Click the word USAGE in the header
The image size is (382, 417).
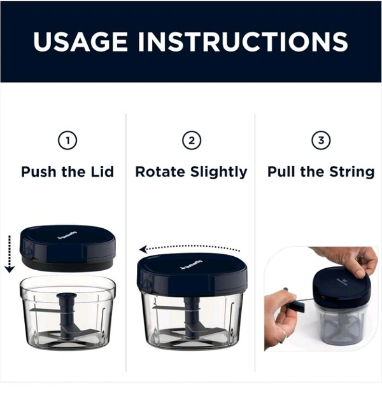tap(80, 41)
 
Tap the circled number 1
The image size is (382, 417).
tap(67, 140)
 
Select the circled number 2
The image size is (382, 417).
tap(192, 140)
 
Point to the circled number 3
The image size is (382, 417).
tap(321, 140)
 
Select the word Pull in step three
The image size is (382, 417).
tap(281, 172)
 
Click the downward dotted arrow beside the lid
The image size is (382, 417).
tap(10, 254)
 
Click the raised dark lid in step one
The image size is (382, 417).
tap(68, 248)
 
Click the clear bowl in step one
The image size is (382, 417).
tap(68, 313)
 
